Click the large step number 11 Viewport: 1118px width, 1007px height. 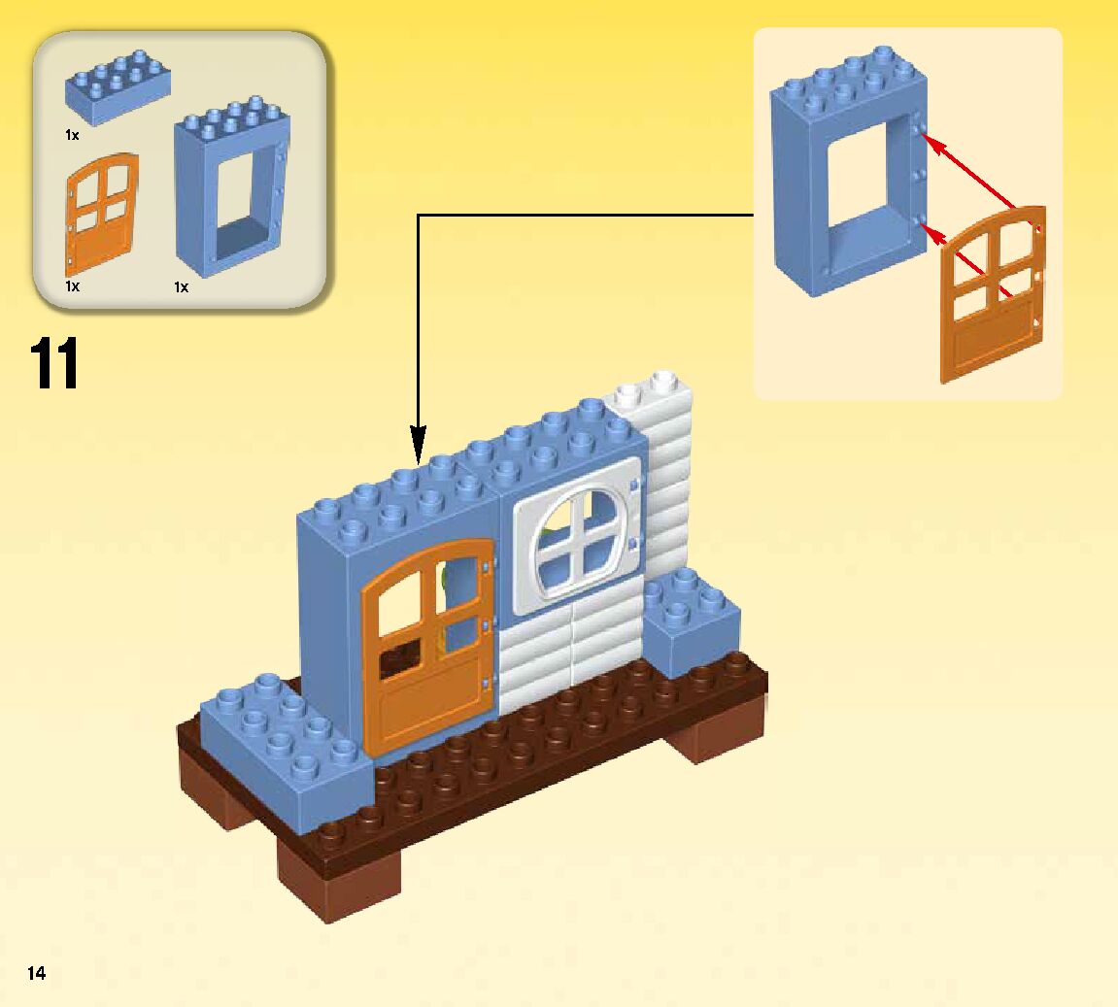(54, 364)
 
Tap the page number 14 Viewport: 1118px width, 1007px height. (36, 973)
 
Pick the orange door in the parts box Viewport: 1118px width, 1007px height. (101, 214)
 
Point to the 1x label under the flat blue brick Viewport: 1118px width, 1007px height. (72, 136)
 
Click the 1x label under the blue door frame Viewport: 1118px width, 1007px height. (181, 287)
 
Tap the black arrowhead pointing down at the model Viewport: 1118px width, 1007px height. (418, 446)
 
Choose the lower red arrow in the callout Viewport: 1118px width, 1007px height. (971, 262)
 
